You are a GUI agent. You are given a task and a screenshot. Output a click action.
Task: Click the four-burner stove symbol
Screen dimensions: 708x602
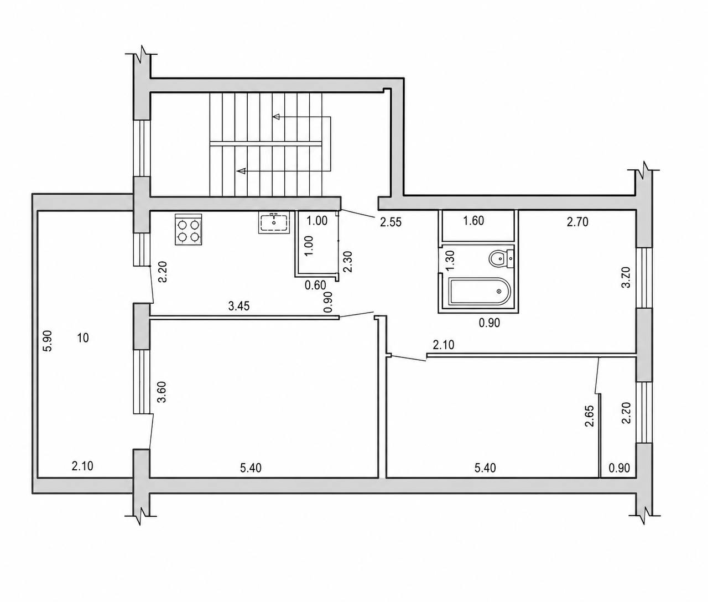click(188, 229)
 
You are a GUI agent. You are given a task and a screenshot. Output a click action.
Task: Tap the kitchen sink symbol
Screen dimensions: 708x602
click(274, 222)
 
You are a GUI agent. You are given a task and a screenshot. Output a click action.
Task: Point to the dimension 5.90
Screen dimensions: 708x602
click(48, 341)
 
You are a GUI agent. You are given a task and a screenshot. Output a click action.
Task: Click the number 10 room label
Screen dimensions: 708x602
click(83, 338)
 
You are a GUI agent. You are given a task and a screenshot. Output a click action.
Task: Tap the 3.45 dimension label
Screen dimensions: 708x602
click(239, 306)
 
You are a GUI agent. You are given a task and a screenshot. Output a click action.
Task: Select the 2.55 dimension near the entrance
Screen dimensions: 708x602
click(391, 222)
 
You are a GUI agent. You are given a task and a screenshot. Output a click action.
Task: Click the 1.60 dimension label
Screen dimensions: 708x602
click(473, 221)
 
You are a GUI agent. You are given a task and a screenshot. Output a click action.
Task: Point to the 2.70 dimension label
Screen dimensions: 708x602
click(577, 222)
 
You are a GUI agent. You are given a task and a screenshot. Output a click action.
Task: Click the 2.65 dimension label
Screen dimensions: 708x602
click(589, 416)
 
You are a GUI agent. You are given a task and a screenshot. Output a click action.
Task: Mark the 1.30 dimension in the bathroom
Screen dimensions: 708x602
click(451, 261)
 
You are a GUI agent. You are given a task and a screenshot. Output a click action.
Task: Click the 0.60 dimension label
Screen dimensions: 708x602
click(315, 285)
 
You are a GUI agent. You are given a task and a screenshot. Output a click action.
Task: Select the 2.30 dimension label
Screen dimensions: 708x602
click(348, 262)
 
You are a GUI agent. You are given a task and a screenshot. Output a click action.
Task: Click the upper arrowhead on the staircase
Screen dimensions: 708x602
click(276, 117)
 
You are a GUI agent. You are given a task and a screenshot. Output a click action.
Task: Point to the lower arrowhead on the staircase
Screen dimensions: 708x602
click(242, 170)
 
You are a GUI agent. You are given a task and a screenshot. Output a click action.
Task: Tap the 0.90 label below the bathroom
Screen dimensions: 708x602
click(489, 323)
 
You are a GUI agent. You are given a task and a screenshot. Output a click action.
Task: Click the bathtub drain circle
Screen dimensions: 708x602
click(499, 291)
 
